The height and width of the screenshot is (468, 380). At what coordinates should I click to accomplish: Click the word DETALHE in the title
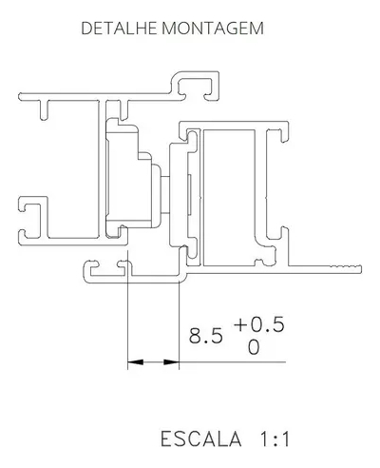[x=119, y=29]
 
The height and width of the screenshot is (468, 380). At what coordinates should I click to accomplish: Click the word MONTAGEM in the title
[x=213, y=29]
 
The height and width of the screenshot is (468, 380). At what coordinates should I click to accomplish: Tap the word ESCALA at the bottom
[x=201, y=439]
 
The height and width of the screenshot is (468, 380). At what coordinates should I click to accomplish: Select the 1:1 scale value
[x=275, y=439]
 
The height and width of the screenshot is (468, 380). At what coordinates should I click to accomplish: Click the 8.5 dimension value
[x=206, y=336]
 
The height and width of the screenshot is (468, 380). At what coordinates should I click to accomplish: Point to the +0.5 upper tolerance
[x=259, y=324]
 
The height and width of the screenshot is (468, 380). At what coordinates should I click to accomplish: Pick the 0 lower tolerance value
[x=254, y=347]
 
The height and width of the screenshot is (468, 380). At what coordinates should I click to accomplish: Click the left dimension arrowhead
[x=135, y=361]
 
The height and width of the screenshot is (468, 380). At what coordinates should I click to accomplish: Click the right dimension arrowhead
[x=171, y=361]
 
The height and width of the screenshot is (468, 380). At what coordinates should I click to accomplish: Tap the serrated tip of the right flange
[x=346, y=268]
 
